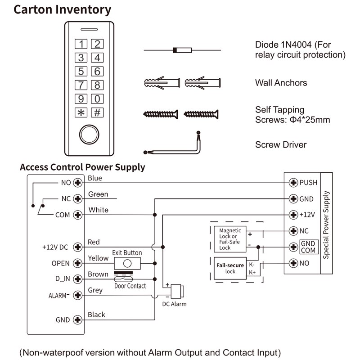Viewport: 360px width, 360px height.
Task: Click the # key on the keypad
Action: click(97, 113)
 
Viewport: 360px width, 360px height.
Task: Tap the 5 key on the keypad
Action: click(81, 72)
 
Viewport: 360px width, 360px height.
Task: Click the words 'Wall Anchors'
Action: click(281, 83)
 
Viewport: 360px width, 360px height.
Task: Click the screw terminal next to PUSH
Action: click(293, 183)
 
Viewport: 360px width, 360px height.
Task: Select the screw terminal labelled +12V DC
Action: click(77, 247)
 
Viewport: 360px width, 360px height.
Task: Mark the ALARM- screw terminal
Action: click(77, 295)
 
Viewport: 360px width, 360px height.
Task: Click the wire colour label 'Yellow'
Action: click(98, 258)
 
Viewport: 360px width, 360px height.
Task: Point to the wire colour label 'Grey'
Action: click(95, 290)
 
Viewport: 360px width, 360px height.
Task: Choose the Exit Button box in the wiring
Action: click(127, 263)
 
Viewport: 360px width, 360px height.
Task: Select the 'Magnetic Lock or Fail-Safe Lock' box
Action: click(230, 239)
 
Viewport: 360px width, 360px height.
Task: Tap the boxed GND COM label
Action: click(308, 247)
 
